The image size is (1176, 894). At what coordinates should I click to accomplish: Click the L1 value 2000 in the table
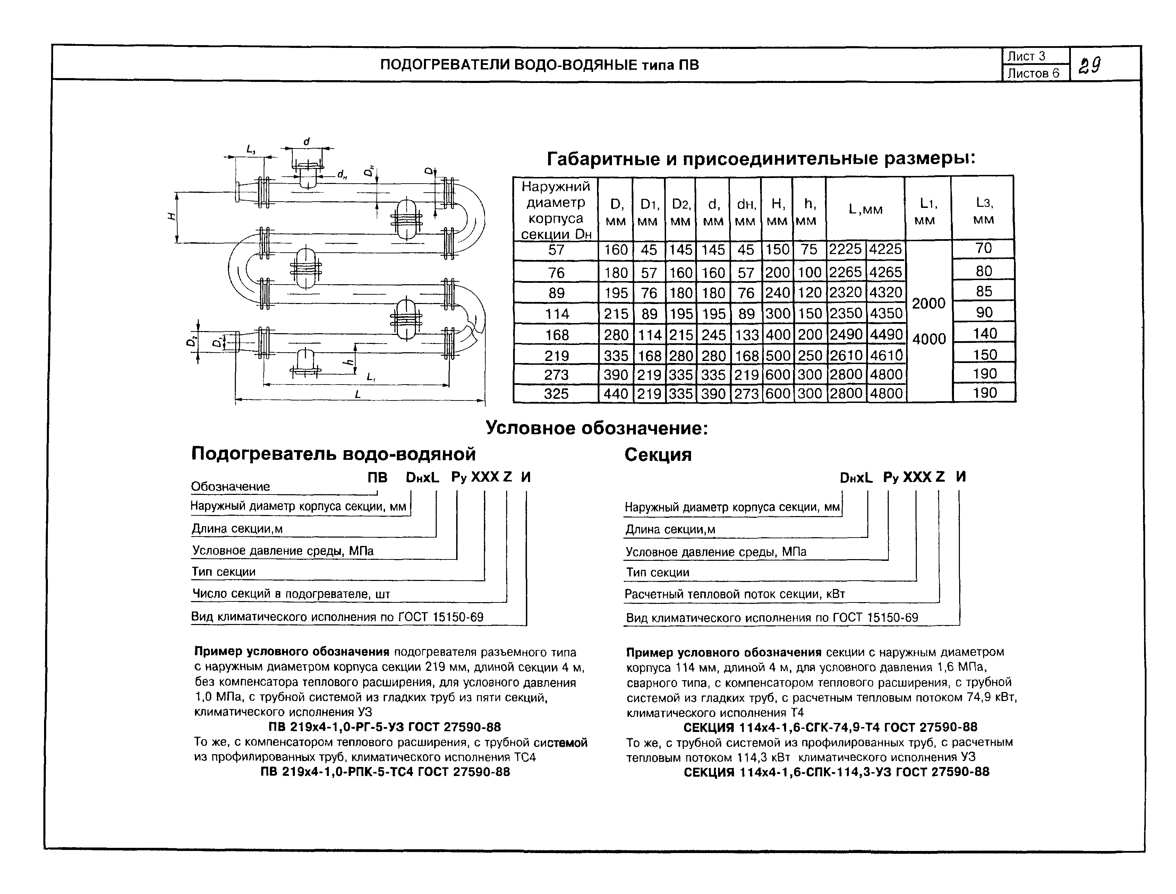928,303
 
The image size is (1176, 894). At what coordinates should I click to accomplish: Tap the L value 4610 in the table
886,355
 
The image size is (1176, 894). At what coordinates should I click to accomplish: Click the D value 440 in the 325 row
615,394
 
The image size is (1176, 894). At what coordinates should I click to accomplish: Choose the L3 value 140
984,334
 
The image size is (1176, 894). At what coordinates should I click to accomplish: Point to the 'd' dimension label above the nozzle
306,142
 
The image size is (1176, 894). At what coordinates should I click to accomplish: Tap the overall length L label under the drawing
358,394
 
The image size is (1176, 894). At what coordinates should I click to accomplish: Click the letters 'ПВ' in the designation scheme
378,477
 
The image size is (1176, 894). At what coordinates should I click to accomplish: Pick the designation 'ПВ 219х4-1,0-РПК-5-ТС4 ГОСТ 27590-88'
385,771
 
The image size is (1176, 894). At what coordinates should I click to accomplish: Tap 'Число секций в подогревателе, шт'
291,594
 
